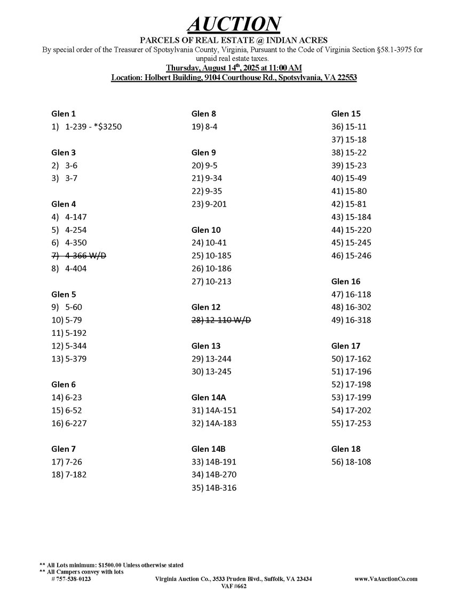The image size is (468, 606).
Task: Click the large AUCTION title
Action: [234, 24]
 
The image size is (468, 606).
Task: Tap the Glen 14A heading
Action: [209, 397]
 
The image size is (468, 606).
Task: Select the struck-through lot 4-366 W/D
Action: [79, 256]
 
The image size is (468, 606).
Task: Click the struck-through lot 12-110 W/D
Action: [221, 320]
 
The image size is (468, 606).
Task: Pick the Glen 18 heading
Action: [346, 449]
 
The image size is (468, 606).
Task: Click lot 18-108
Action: [351, 462]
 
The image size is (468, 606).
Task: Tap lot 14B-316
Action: [213, 487]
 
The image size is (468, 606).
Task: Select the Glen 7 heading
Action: [64, 449]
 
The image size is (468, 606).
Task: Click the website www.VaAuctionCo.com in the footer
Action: [386, 579]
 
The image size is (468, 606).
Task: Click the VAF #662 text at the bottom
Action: [234, 586]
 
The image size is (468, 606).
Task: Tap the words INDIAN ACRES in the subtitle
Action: [303, 41]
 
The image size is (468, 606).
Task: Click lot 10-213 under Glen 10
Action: [211, 281]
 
